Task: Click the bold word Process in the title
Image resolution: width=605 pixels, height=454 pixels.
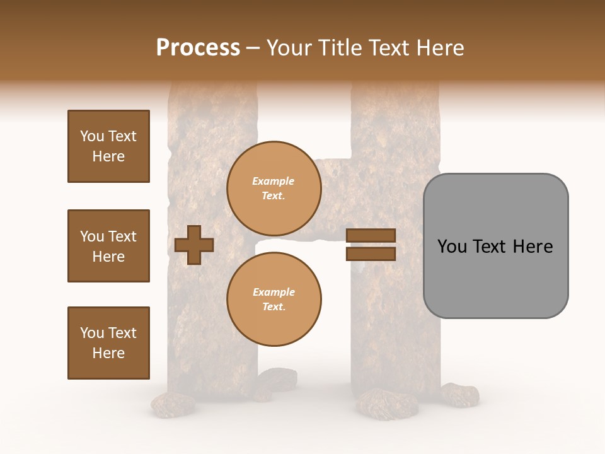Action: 198,47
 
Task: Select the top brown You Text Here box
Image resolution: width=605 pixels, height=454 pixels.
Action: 108,146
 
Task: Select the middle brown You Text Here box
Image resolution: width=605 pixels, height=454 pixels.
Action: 108,246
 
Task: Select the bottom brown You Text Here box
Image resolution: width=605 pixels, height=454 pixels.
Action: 108,343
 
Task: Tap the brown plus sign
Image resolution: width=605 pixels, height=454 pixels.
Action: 194,245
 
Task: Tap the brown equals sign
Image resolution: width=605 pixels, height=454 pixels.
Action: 371,245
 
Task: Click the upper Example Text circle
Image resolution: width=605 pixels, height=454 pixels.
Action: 274,189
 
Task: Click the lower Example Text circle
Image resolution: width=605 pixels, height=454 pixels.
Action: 274,299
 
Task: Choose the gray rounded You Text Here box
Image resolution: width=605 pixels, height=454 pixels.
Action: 495,246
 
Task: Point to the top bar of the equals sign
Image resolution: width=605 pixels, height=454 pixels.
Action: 371,236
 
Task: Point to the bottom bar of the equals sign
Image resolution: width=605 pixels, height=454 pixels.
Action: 371,253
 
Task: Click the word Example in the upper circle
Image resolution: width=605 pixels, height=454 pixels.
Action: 274,182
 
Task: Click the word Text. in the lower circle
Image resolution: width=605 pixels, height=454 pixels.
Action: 274,306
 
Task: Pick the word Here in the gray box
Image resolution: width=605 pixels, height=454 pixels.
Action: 533,247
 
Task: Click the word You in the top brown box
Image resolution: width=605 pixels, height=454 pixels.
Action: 92,136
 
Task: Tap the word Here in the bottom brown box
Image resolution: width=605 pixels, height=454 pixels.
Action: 108,353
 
